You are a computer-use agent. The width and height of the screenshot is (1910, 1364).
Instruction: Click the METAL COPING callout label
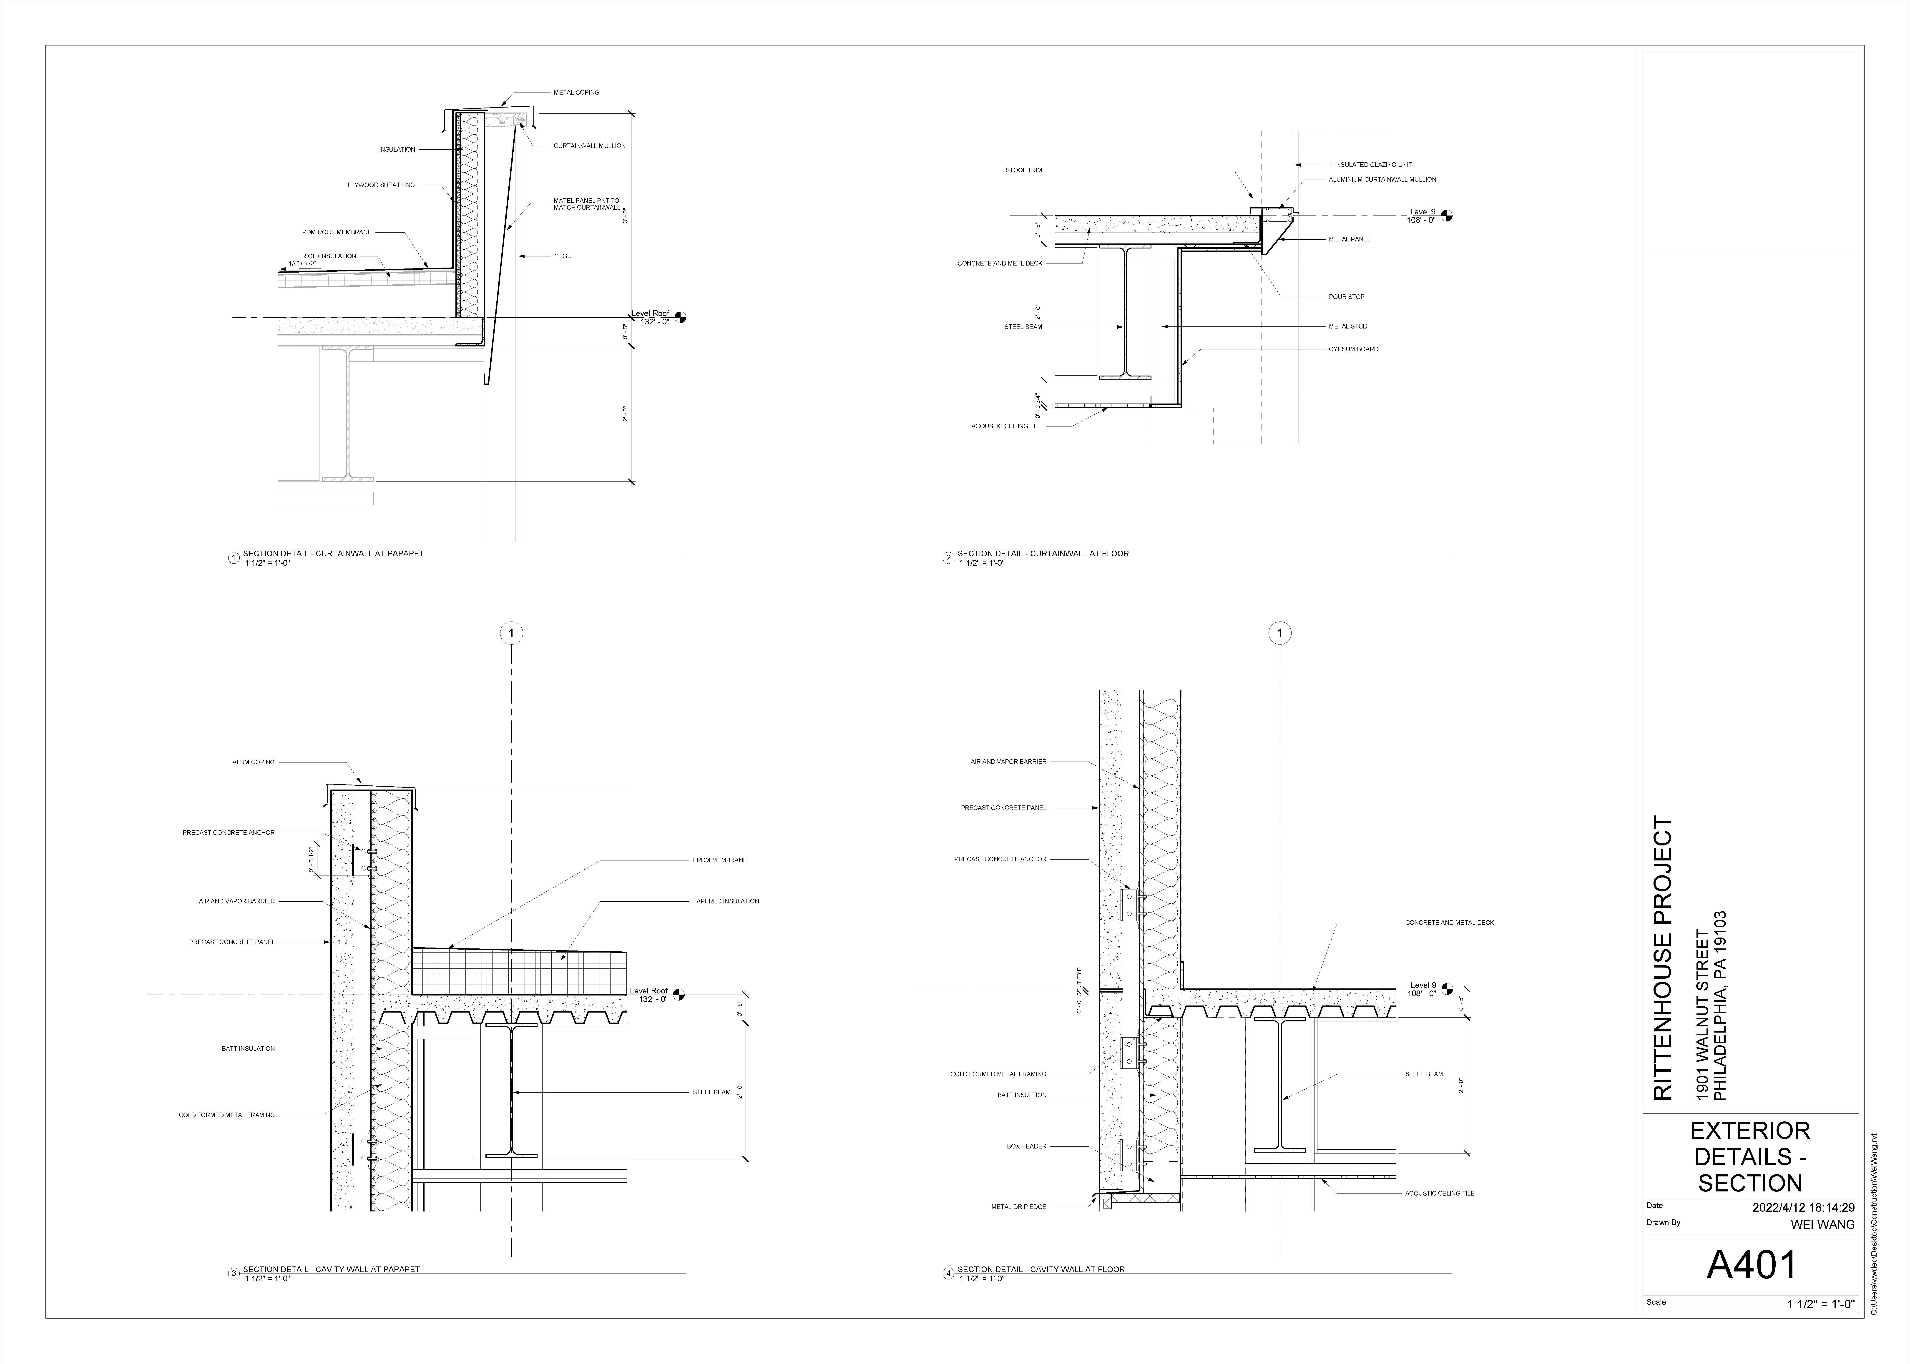click(x=576, y=92)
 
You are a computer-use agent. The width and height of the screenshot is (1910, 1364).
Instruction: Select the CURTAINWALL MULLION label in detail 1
click(x=589, y=146)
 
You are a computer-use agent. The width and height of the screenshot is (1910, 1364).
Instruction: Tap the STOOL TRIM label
click(x=1023, y=170)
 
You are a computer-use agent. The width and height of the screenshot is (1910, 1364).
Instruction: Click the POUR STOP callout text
click(x=1346, y=296)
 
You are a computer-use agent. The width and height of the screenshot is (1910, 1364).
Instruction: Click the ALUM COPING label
click(x=253, y=763)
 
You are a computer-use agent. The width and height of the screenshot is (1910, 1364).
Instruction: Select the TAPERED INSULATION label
click(x=726, y=901)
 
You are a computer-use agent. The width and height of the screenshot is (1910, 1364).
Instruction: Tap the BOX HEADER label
click(x=1026, y=1146)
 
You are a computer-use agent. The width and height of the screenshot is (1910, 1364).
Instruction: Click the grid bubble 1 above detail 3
click(x=512, y=633)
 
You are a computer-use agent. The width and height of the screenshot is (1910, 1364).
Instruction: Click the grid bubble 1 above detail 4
click(x=1279, y=633)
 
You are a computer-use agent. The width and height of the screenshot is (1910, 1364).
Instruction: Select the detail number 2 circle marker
click(x=948, y=558)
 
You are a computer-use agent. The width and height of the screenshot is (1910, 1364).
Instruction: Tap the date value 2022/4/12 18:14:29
click(x=1802, y=1208)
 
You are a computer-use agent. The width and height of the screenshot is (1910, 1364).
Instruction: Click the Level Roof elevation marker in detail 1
click(x=679, y=318)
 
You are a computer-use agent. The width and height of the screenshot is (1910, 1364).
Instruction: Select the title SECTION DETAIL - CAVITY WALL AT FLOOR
click(x=1041, y=1269)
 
